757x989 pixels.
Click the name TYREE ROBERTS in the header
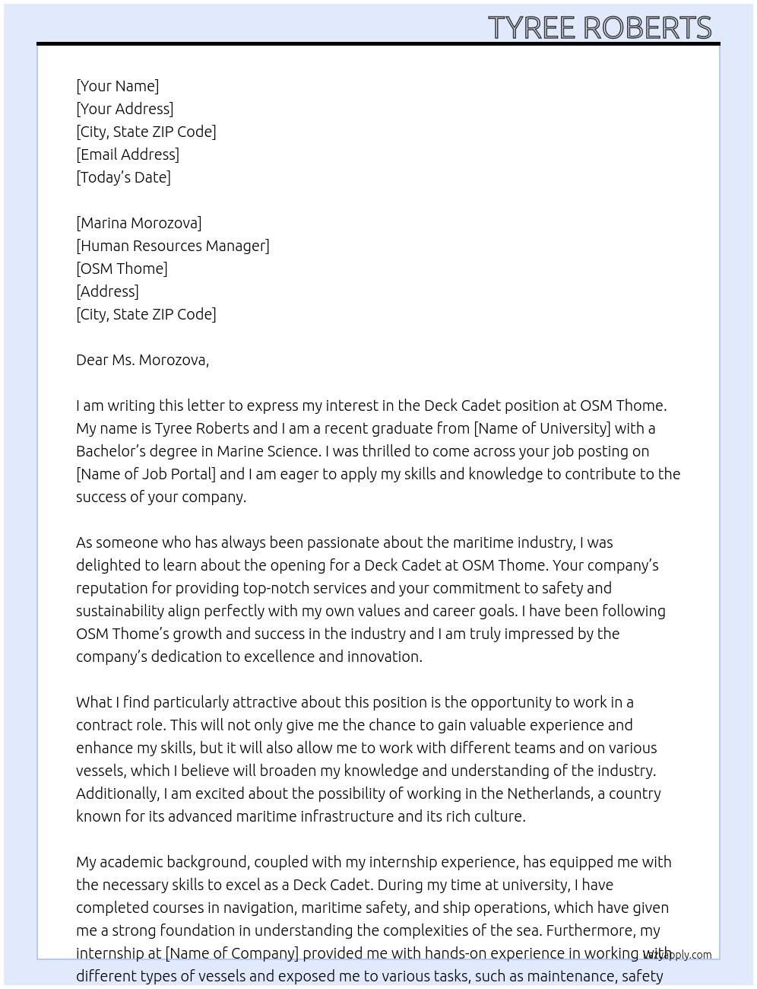coord(599,27)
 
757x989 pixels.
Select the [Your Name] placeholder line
coord(117,86)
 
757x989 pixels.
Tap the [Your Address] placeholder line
coord(125,109)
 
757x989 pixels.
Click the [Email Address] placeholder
coord(128,154)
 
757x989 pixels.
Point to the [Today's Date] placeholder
coord(123,177)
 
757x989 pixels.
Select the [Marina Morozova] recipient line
coord(138,223)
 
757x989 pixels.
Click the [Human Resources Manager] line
coord(173,246)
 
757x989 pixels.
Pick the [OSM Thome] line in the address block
coord(122,269)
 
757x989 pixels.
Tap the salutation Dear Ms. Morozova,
coord(142,360)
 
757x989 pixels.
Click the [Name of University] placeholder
coord(542,428)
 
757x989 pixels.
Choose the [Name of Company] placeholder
coord(232,953)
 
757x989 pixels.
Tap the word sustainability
coord(120,611)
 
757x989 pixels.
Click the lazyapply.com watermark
coord(677,955)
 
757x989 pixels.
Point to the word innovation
coord(384,657)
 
